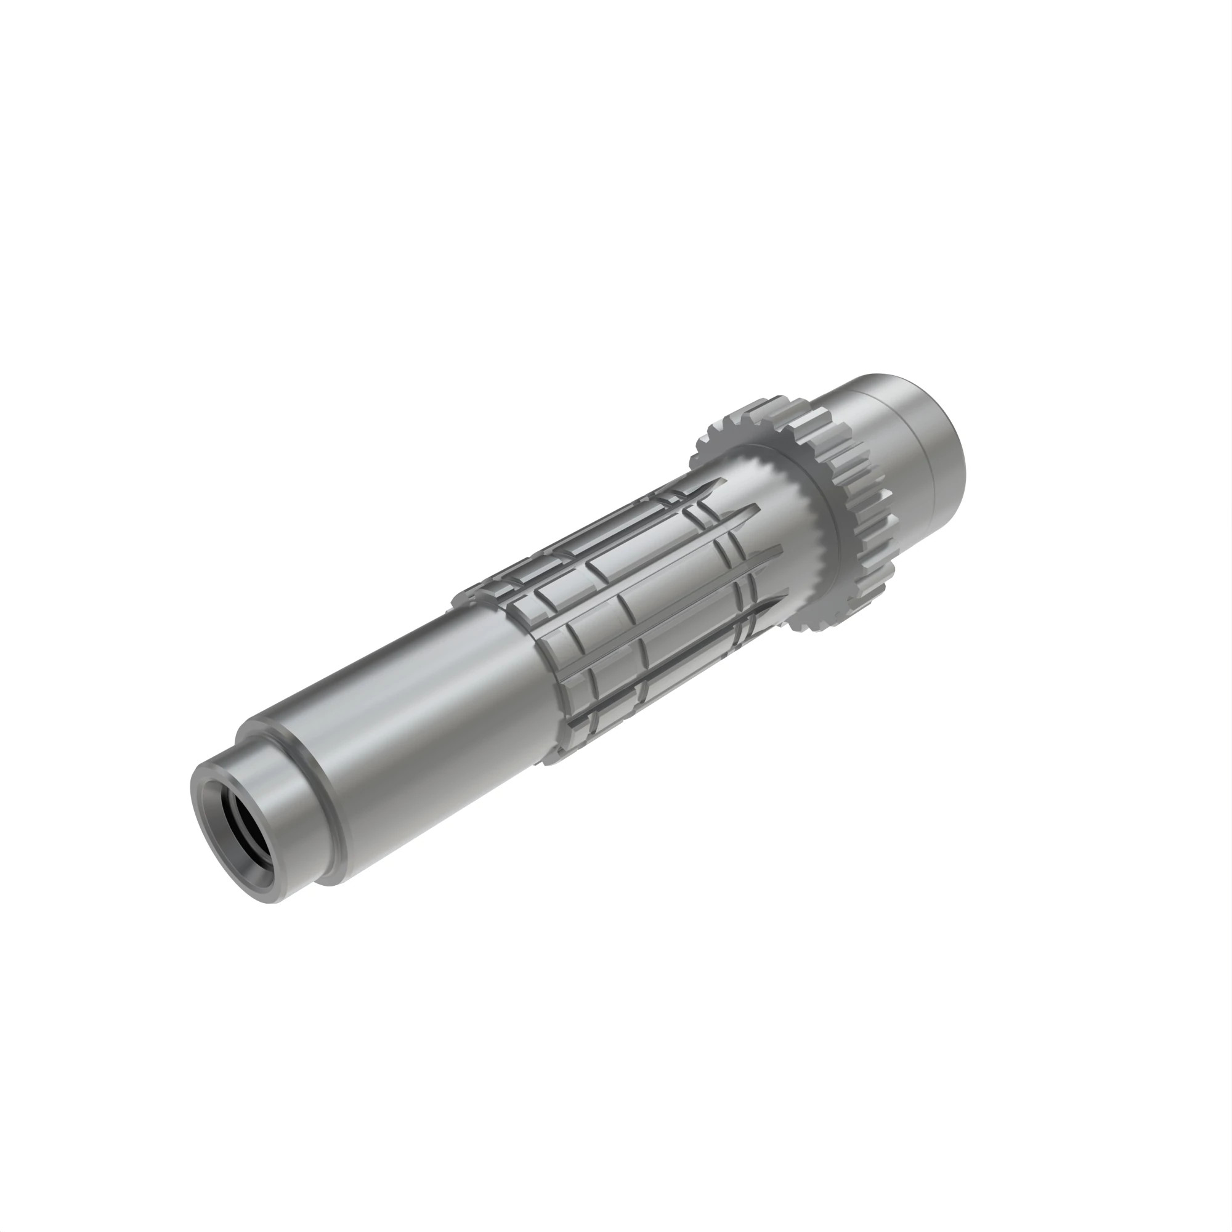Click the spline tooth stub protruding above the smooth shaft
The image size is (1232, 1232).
point(469,596)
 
